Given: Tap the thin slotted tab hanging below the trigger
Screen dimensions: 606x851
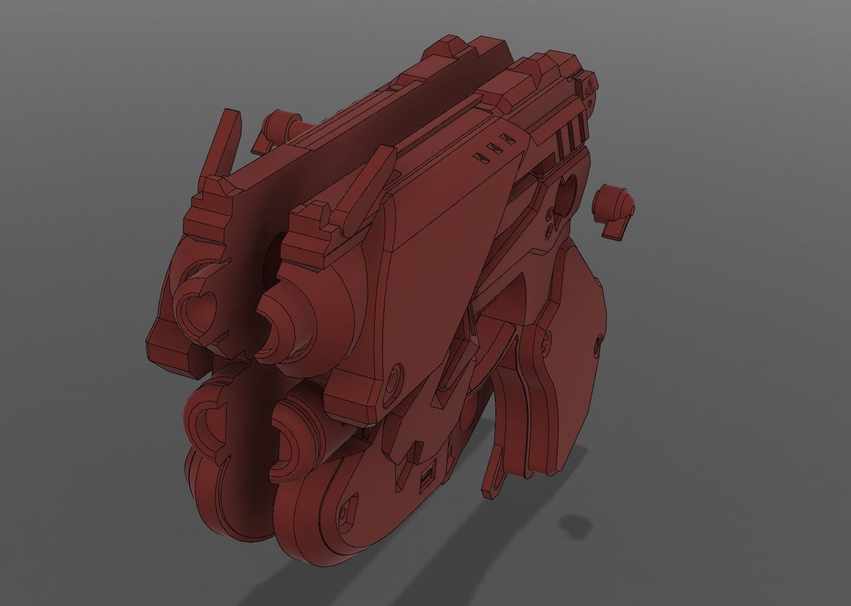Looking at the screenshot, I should tap(494, 469).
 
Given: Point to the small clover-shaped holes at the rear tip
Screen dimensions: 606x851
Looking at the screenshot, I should tap(588, 86).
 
